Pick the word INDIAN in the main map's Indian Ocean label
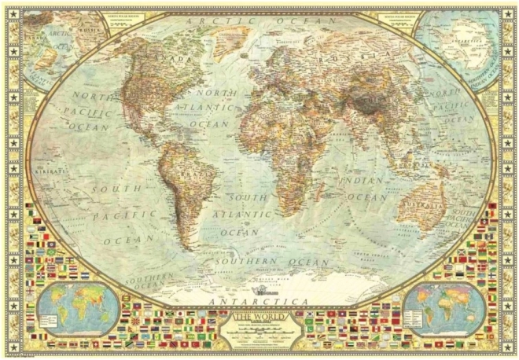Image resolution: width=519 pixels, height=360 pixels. coord(363,181)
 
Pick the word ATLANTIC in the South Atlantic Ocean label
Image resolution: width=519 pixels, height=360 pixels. coord(250,215)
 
